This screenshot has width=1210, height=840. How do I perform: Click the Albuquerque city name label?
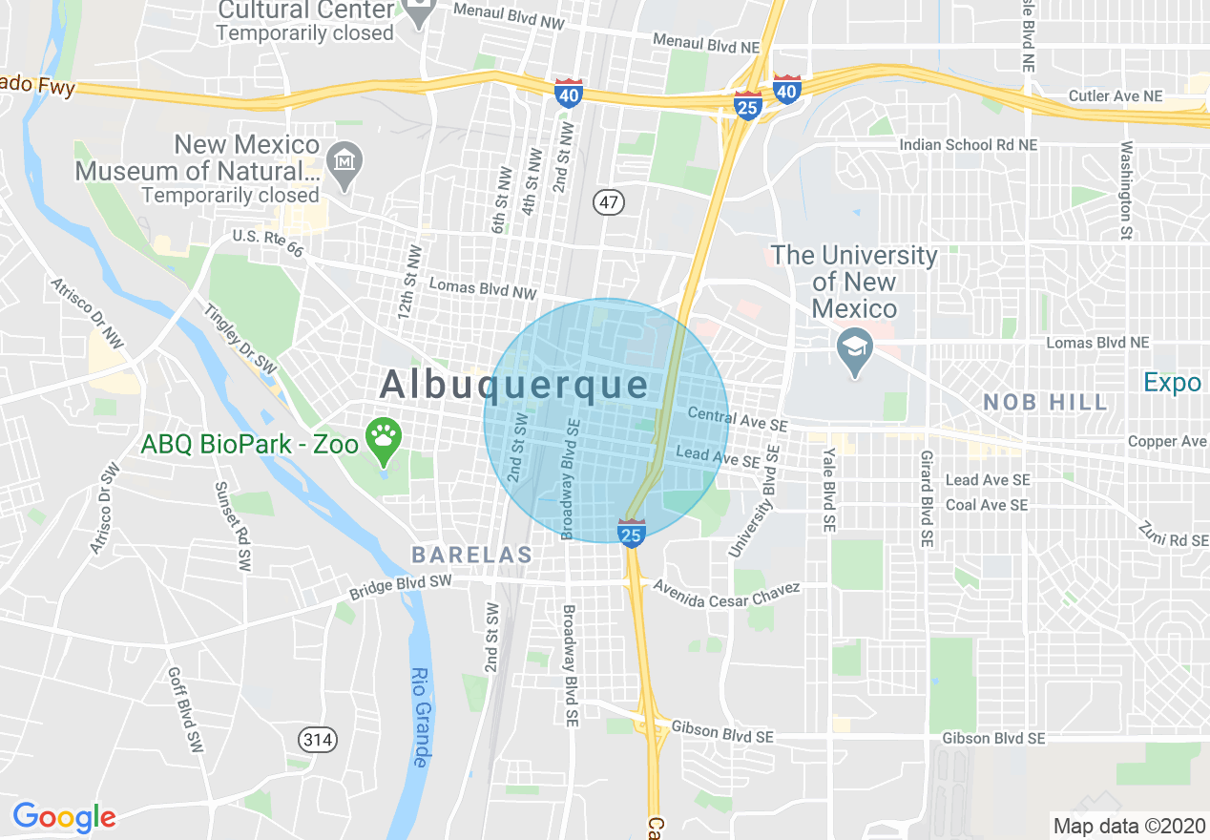(514, 386)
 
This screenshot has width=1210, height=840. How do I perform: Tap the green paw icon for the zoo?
(384, 437)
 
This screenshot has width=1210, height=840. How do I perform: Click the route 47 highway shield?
(607, 201)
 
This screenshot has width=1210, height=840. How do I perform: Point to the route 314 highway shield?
(316, 738)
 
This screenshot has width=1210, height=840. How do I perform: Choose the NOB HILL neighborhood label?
(1046, 402)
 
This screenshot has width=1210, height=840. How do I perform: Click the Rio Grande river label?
(420, 717)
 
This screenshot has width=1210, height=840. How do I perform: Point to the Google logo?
(64, 817)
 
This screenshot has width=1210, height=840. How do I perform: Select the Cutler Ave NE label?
(1115, 96)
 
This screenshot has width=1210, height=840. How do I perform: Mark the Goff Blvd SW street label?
(186, 711)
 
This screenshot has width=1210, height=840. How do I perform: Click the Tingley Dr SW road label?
(240, 341)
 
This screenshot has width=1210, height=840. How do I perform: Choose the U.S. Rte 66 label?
(267, 243)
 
